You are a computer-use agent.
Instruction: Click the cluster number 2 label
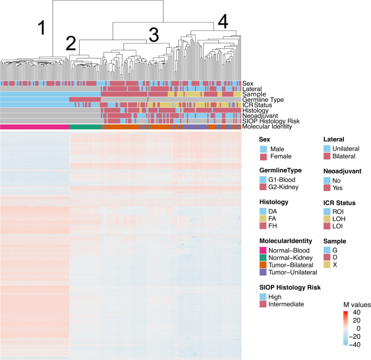[x=71, y=43]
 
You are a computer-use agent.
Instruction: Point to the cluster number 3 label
[x=153, y=36]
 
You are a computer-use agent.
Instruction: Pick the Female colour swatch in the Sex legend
[x=264, y=156]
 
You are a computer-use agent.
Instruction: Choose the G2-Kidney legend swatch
[x=264, y=187]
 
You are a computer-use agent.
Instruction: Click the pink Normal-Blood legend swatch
[x=264, y=250]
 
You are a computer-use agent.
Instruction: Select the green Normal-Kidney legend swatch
[x=264, y=258]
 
